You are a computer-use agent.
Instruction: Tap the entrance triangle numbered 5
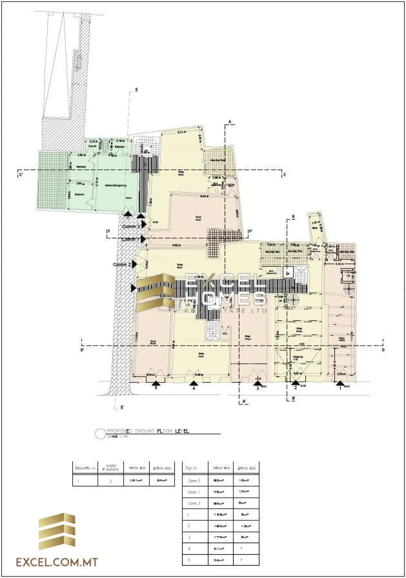(156, 383)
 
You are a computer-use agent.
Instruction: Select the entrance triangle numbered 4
(193, 383)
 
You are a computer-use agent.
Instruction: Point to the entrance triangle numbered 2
(295, 383)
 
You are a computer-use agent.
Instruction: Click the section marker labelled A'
(244, 401)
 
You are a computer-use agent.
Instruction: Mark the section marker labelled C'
(20, 174)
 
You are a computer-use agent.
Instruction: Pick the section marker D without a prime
(383, 350)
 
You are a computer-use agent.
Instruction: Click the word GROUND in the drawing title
(145, 431)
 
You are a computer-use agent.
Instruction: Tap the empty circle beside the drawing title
(100, 433)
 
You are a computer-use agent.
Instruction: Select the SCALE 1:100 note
(118, 436)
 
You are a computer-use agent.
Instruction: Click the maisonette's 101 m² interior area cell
(137, 481)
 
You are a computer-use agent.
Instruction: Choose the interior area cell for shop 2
(220, 526)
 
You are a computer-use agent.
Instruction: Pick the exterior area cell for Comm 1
(246, 492)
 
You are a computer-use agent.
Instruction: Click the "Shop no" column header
(191, 468)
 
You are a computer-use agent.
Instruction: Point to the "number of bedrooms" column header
(110, 468)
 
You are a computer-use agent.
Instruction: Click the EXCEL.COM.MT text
(57, 562)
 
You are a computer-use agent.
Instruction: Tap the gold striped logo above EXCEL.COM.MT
(57, 532)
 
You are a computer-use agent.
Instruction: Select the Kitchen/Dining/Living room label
(115, 185)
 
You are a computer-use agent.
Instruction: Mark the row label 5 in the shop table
(189, 560)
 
